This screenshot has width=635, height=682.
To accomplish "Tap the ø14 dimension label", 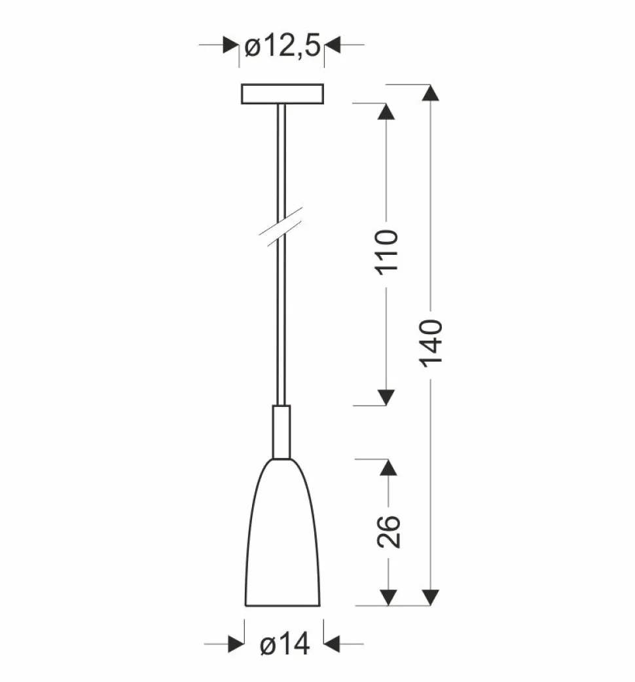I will (284, 645).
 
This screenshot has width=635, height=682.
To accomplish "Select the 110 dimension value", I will (387, 253).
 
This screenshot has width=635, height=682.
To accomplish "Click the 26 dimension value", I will (388, 531).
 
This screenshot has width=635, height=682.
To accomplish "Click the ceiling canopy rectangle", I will (283, 94).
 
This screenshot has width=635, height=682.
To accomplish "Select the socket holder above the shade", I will (281, 432).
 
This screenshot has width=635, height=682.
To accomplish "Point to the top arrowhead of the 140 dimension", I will (430, 93).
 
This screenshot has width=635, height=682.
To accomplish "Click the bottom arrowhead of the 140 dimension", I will (430, 597).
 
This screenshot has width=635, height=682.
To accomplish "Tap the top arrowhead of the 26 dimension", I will (388, 468).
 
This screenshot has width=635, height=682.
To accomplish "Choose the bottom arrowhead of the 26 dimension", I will (388, 597).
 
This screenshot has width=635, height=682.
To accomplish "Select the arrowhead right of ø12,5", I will (333, 45).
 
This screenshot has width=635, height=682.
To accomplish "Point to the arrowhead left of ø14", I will (236, 645).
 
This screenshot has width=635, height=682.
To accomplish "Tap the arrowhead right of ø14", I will (331, 645).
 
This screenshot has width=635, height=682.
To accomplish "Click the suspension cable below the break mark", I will (282, 328).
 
